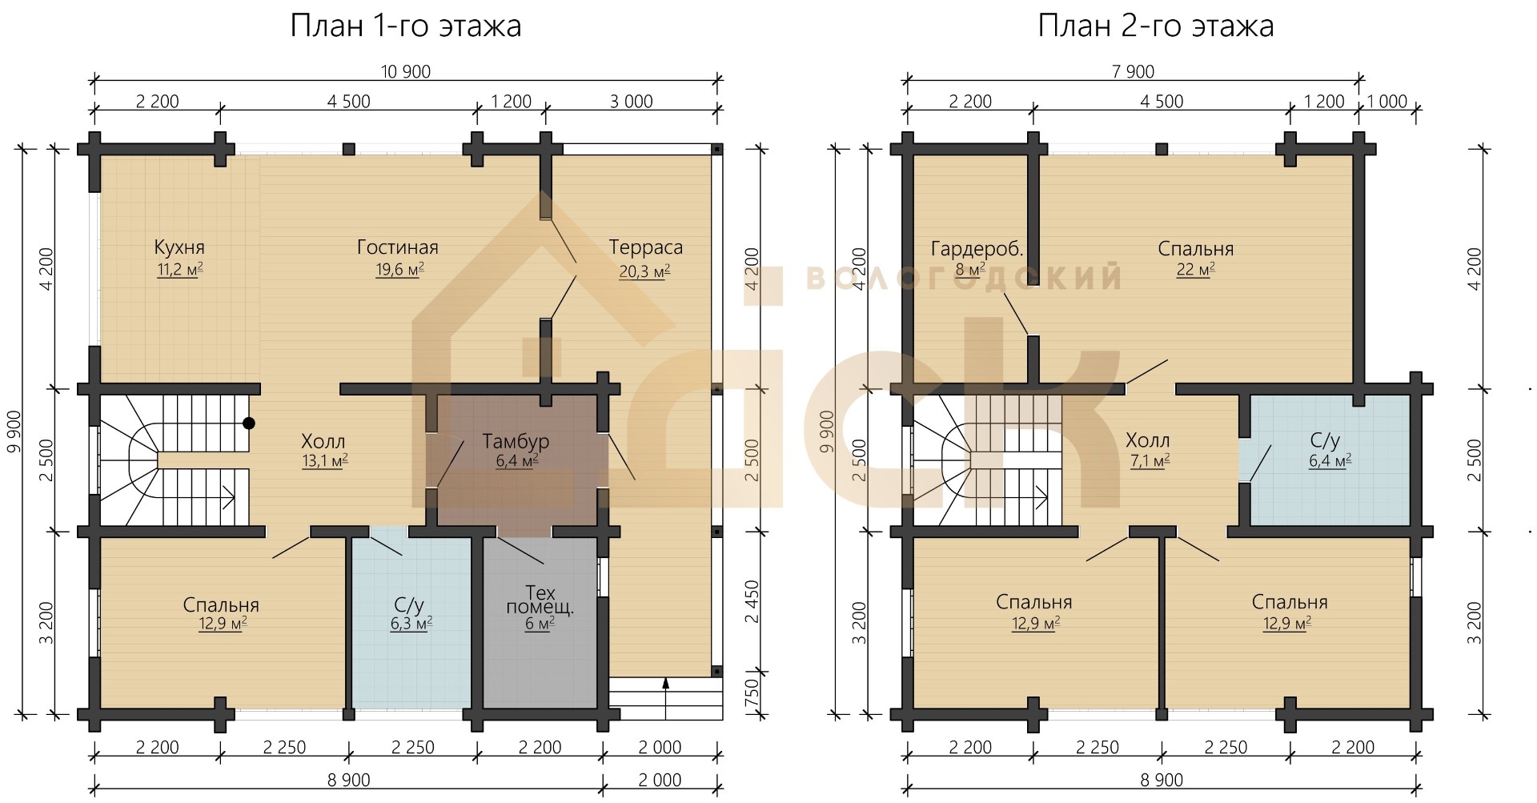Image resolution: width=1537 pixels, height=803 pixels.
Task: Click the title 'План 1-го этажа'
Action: tap(405, 26)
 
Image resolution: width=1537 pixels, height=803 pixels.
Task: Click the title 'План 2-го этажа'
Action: tap(1156, 26)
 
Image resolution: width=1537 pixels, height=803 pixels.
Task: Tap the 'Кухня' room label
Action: tap(179, 247)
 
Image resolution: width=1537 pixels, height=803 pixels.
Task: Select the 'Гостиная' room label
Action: tap(398, 247)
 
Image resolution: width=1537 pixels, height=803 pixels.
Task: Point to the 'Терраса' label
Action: tap(646, 247)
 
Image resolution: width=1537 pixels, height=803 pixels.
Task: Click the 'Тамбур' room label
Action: tap(516, 441)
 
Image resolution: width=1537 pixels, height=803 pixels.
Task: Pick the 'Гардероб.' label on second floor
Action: tap(977, 249)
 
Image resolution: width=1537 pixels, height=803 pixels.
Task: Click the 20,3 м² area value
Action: tap(644, 271)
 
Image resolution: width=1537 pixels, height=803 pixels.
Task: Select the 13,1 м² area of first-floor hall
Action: tap(323, 460)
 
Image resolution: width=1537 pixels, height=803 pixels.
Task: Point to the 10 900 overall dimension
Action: tap(406, 71)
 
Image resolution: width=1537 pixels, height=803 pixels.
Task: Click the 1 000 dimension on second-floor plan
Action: tap(1387, 102)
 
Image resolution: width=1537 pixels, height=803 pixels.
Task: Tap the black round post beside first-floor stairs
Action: tap(249, 423)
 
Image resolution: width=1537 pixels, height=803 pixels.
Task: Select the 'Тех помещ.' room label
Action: tap(540, 600)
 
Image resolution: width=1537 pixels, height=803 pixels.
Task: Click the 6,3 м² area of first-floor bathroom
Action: tap(411, 623)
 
